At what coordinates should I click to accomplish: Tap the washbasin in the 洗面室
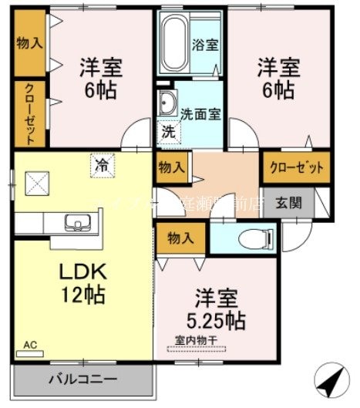(x=167, y=103)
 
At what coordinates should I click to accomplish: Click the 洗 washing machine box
(x=167, y=131)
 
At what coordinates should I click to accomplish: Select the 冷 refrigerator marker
(x=101, y=164)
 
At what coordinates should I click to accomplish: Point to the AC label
(x=30, y=346)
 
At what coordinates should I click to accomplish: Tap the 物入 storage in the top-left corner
(x=29, y=43)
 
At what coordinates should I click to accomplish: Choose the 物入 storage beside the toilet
(x=181, y=239)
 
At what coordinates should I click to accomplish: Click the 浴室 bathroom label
(x=204, y=45)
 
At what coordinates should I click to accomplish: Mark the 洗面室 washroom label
(x=200, y=112)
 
